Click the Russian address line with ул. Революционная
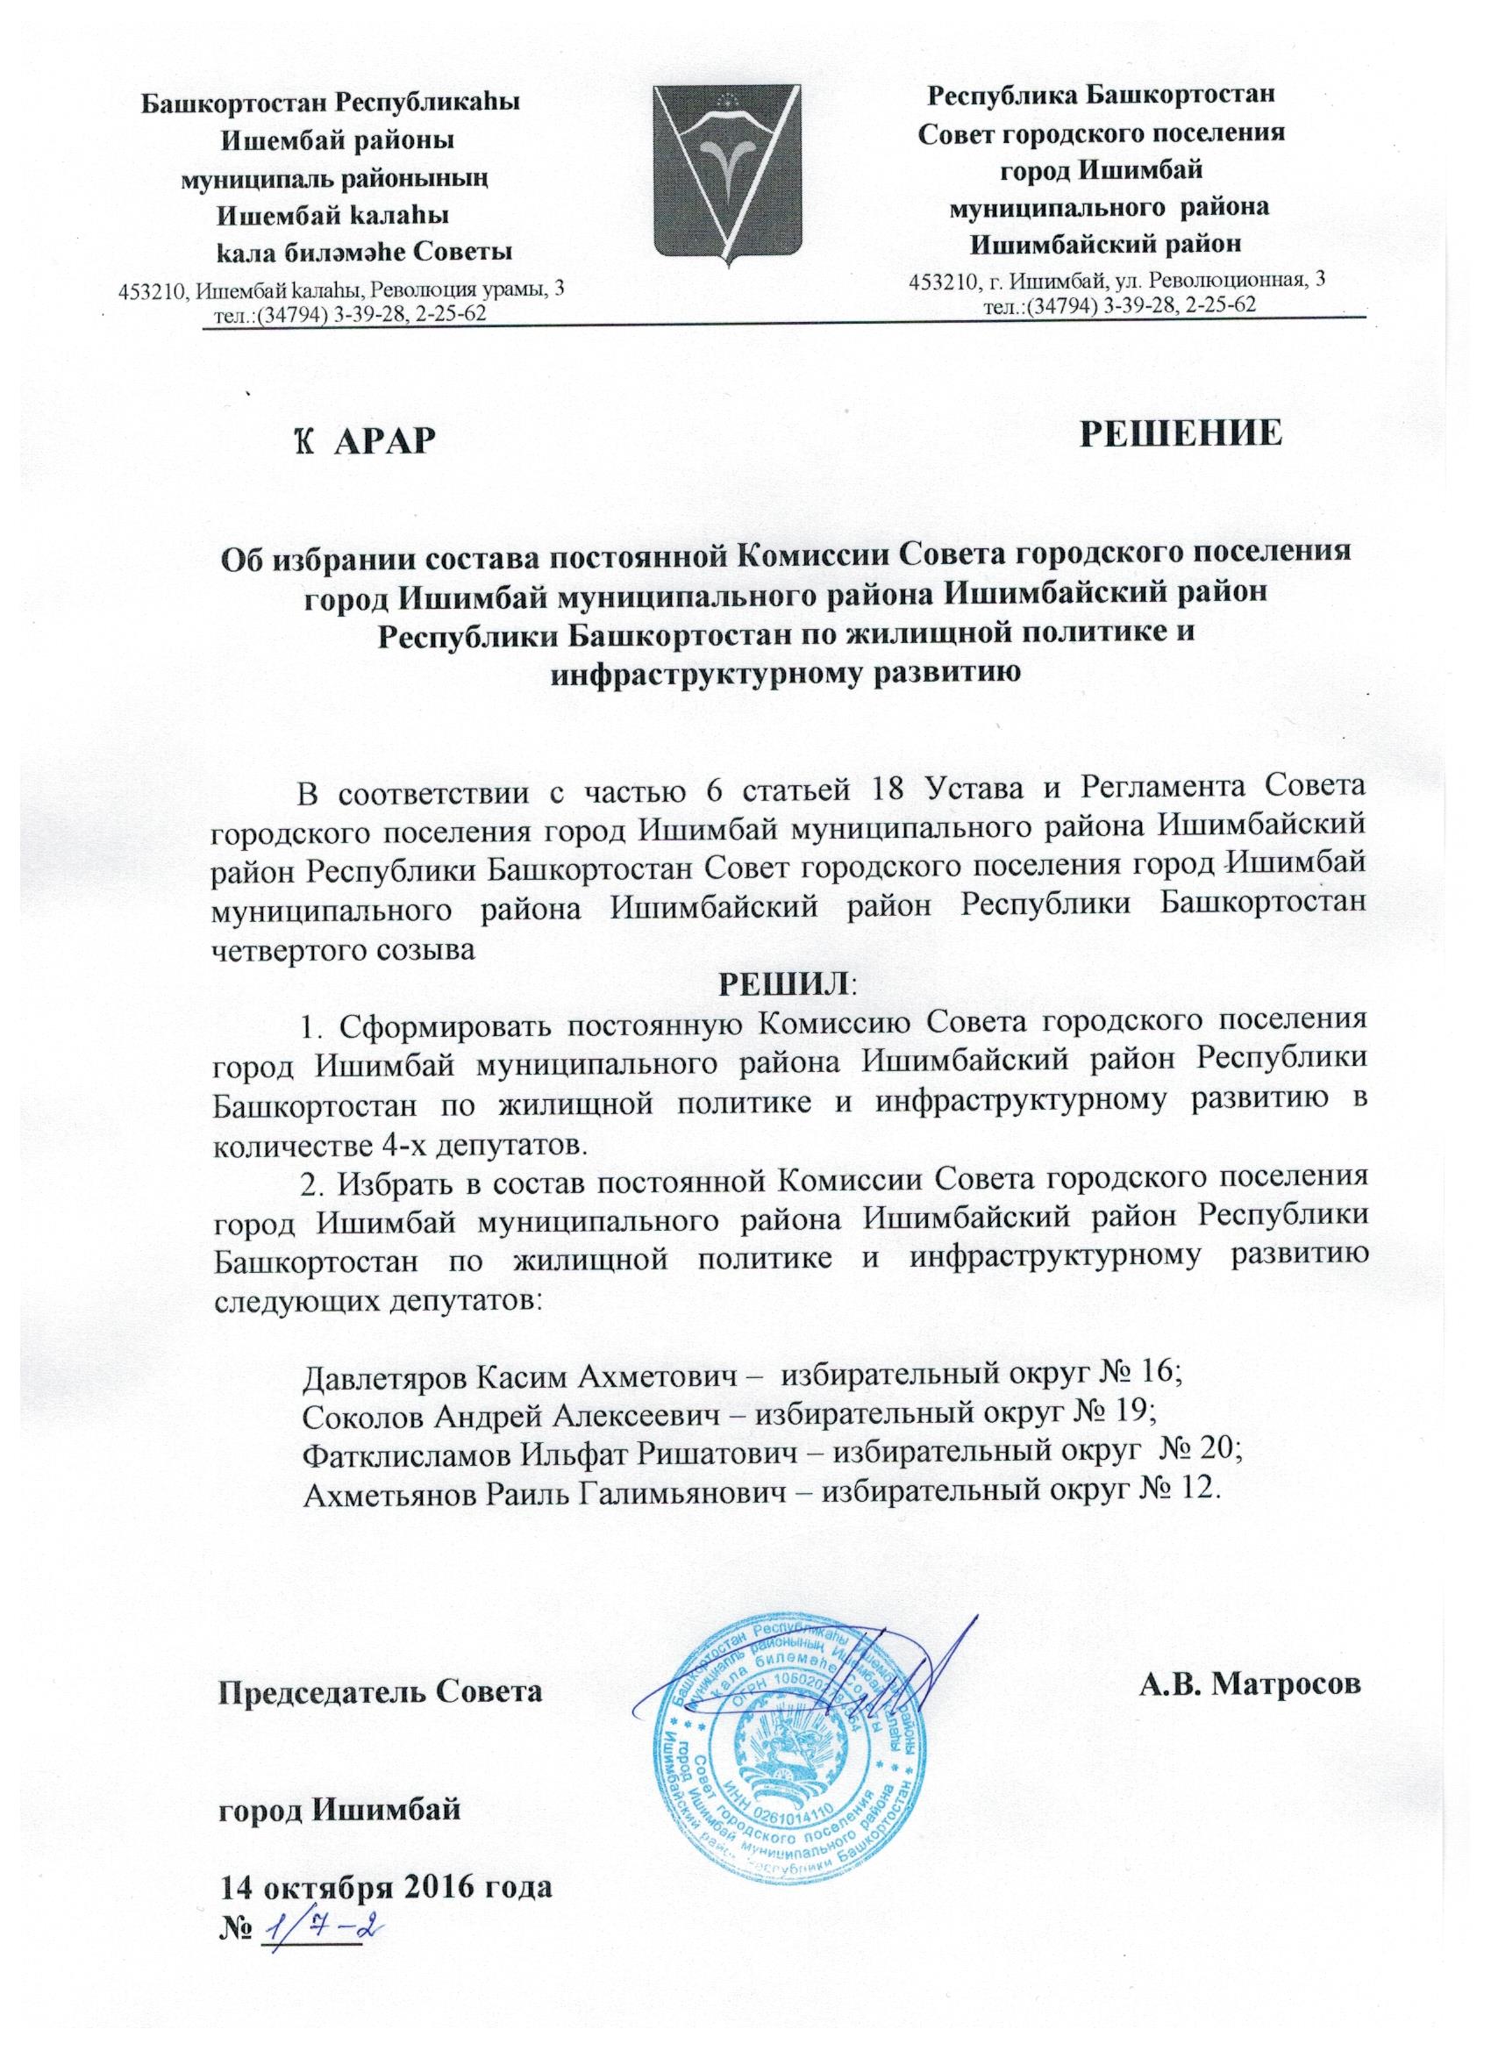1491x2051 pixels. [1116, 282]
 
